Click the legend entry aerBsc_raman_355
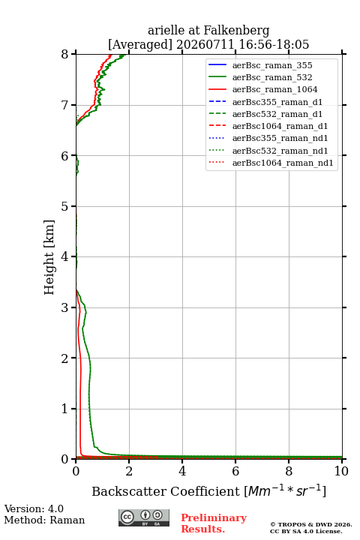[x=272, y=65]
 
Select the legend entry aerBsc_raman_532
[x=272, y=77]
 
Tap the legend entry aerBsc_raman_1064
[x=275, y=89]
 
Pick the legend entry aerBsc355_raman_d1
[x=277, y=102]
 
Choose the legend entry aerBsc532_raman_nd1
[x=280, y=151]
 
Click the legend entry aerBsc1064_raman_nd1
[x=283, y=163]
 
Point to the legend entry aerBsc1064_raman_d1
[x=280, y=126]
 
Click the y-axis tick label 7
[x=64, y=105]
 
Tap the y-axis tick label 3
[x=64, y=307]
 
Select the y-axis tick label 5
[x=64, y=206]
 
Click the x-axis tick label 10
[x=341, y=471]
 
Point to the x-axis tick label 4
[x=182, y=471]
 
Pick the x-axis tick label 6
[x=235, y=471]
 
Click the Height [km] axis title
[x=49, y=257]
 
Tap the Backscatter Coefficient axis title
[x=208, y=490]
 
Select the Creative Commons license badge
[x=144, y=517]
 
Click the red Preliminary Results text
[x=214, y=523]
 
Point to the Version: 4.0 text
[x=34, y=508]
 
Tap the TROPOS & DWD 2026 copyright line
[x=311, y=524]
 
